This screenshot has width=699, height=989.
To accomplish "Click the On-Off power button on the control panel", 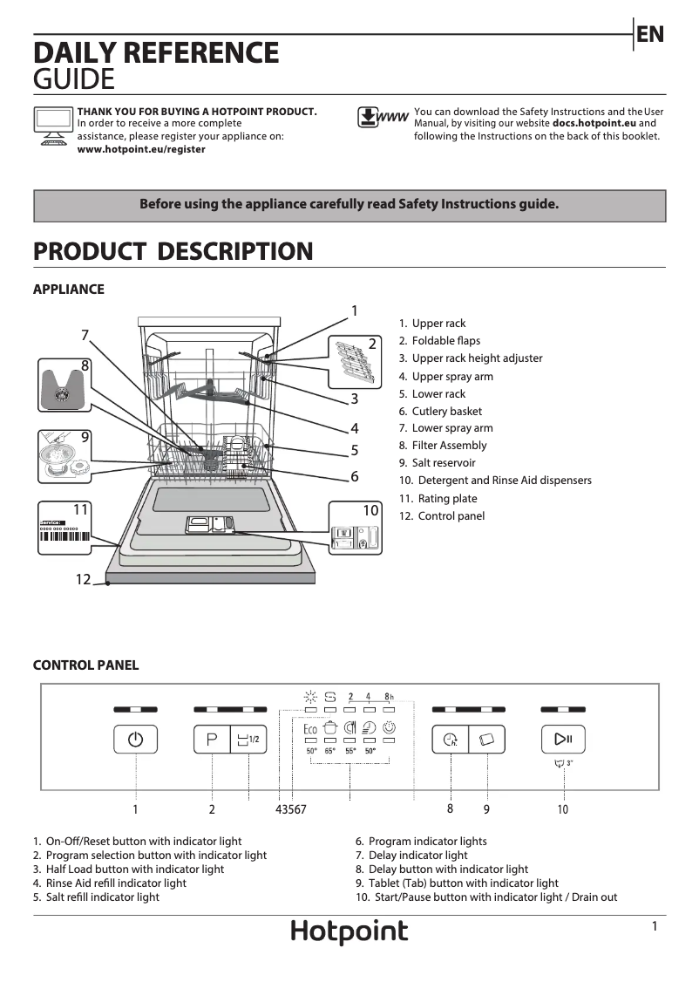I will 135,740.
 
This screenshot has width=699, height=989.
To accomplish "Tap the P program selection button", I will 212,740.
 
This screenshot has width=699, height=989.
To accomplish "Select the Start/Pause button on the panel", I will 563,740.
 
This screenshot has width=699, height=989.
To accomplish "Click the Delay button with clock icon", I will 451,740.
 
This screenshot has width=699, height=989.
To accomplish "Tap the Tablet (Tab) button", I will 486,740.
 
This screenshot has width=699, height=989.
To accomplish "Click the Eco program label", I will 310,728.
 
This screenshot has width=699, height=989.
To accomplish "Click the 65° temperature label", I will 330,751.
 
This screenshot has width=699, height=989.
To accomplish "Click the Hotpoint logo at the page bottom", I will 349,931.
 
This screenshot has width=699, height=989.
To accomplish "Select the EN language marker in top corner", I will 650,34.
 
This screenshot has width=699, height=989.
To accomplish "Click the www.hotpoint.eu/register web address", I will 141,149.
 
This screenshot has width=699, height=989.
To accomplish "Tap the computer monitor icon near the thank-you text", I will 52,123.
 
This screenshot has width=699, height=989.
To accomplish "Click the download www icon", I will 382,118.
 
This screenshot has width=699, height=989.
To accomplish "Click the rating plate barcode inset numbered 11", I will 65,528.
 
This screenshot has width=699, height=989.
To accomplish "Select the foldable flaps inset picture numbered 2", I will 355,360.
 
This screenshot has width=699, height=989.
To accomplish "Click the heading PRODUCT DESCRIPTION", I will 173,251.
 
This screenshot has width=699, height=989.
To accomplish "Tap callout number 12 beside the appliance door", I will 83,579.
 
